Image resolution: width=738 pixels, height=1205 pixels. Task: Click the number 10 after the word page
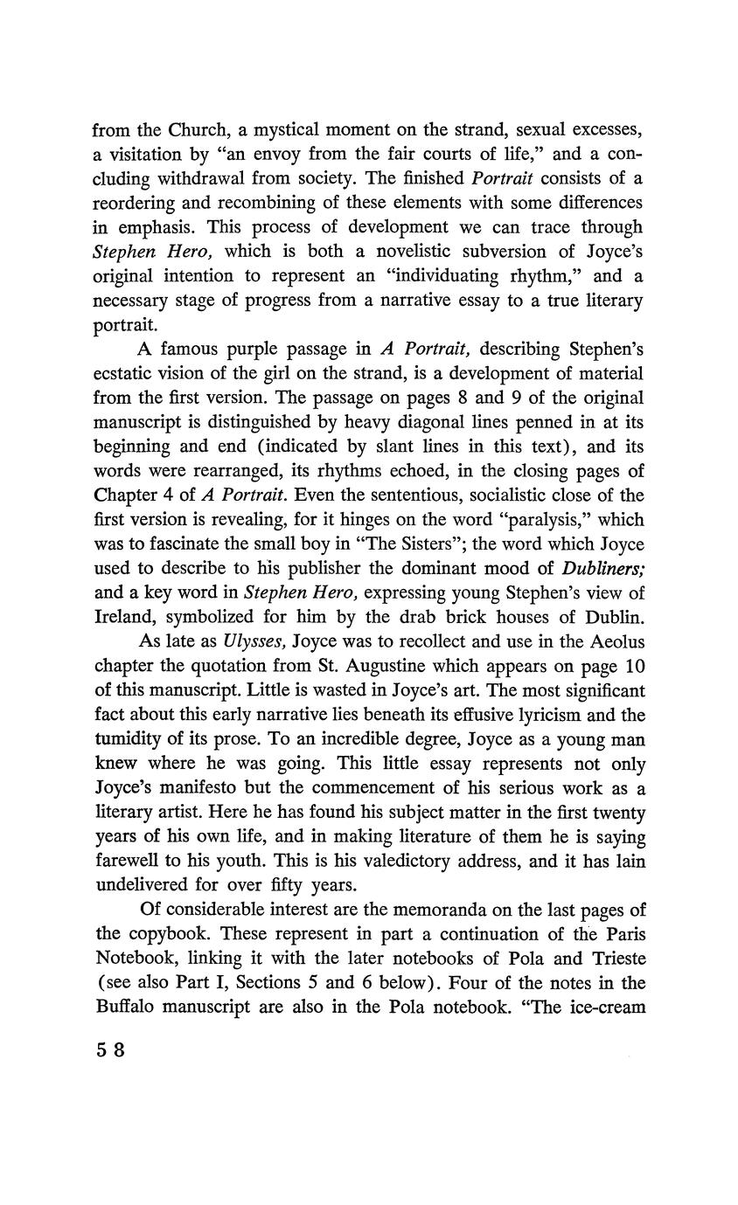635,665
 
